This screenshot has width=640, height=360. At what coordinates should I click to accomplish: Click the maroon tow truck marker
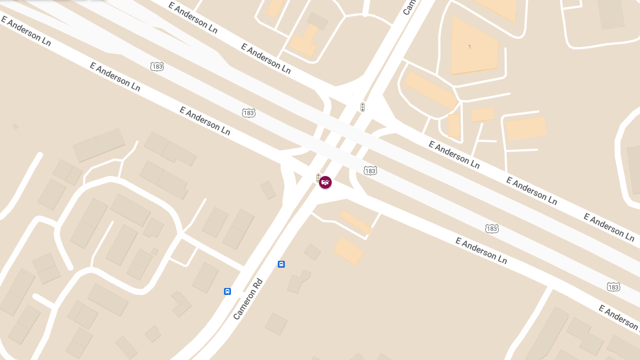pyautogui.click(x=325, y=182)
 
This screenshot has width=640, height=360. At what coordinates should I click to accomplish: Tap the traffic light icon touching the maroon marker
pyautogui.click(x=318, y=178)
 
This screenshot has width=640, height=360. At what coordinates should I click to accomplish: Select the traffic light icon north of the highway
pyautogui.click(x=363, y=107)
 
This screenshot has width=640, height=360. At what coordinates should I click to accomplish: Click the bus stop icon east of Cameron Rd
pyautogui.click(x=281, y=264)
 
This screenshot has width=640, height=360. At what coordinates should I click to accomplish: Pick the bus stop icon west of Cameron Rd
pyautogui.click(x=227, y=291)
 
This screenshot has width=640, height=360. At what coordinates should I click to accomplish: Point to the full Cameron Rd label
pyautogui.click(x=249, y=299)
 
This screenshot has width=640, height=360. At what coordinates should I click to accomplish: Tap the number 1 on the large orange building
pyautogui.click(x=469, y=47)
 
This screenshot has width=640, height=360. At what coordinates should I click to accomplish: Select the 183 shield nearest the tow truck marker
pyautogui.click(x=370, y=171)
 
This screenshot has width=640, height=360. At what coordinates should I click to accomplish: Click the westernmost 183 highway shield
pyautogui.click(x=157, y=67)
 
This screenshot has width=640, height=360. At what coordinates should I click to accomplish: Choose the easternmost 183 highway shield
pyautogui.click(x=613, y=287)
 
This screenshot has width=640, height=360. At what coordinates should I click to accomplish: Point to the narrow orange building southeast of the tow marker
pyautogui.click(x=356, y=222)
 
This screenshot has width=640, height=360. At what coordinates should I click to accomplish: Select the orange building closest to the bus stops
pyautogui.click(x=349, y=251)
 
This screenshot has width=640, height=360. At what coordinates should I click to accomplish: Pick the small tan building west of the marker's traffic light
pyautogui.click(x=268, y=190)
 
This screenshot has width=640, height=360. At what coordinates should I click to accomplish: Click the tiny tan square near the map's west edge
pyautogui.click(x=15, y=126)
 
